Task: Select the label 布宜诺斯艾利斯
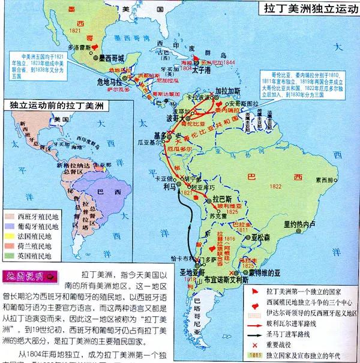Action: pos(224,279)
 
